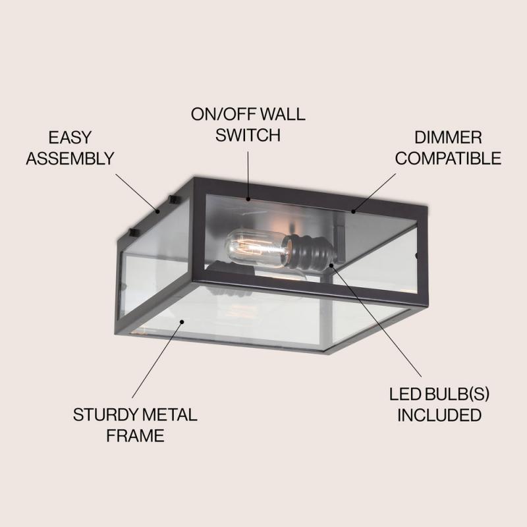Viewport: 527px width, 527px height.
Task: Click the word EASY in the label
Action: pyautogui.click(x=70, y=138)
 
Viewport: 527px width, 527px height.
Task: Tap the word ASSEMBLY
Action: pyautogui.click(x=70, y=158)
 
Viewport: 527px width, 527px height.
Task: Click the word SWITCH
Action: pyautogui.click(x=248, y=135)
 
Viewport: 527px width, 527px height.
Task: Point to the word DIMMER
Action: pyautogui.click(x=448, y=138)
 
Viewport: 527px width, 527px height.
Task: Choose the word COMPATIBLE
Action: pyautogui.click(x=448, y=158)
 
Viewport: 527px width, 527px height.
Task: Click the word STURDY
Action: pyautogui.click(x=105, y=415)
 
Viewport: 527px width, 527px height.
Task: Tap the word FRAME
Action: pyautogui.click(x=136, y=435)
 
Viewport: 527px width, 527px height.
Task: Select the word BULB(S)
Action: pyautogui.click(x=457, y=394)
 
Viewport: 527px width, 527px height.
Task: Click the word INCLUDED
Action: pyautogui.click(x=439, y=415)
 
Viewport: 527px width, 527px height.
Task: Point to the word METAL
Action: pyautogui.click(x=170, y=415)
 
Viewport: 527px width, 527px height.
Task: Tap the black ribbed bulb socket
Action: pyautogui.click(x=308, y=252)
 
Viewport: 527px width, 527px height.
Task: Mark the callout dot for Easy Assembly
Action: pyautogui.click(x=157, y=211)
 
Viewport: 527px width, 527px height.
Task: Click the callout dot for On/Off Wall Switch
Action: pyautogui.click(x=248, y=199)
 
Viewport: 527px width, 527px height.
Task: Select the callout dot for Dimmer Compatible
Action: pyautogui.click(x=353, y=211)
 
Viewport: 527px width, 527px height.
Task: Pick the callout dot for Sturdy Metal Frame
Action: pyautogui.click(x=182, y=322)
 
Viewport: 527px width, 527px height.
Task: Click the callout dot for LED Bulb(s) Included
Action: pyautogui.click(x=331, y=265)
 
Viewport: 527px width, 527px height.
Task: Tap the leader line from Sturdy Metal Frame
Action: pyautogui.click(x=157, y=360)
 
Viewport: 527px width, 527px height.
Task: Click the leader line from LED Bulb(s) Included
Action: pyautogui.click(x=376, y=321)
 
